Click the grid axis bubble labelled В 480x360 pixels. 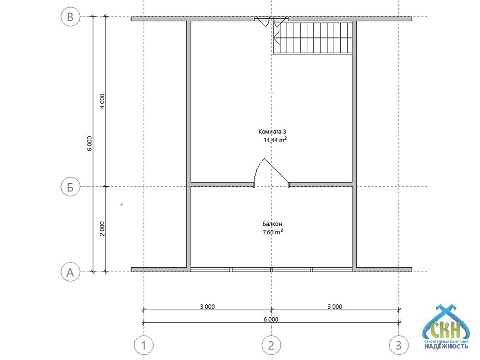(x=71, y=16)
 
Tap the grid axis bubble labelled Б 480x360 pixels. (x=71, y=187)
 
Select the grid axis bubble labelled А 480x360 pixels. (x=71, y=272)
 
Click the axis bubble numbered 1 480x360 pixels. (x=144, y=345)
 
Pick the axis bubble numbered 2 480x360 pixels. (x=271, y=345)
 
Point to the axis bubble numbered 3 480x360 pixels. (x=398, y=345)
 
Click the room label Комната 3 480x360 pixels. (x=272, y=132)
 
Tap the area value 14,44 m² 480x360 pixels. (x=275, y=140)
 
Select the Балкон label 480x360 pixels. (x=272, y=224)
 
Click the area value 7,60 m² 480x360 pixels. (x=273, y=232)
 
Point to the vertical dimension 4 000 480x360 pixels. (x=102, y=101)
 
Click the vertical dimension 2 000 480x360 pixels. (x=102, y=228)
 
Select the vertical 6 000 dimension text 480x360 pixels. (x=89, y=144)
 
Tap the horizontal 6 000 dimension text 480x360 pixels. (x=271, y=319)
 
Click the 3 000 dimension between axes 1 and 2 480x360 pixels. (x=207, y=306)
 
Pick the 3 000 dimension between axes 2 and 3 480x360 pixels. (x=335, y=306)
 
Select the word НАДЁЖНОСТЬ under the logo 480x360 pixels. (x=446, y=346)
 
